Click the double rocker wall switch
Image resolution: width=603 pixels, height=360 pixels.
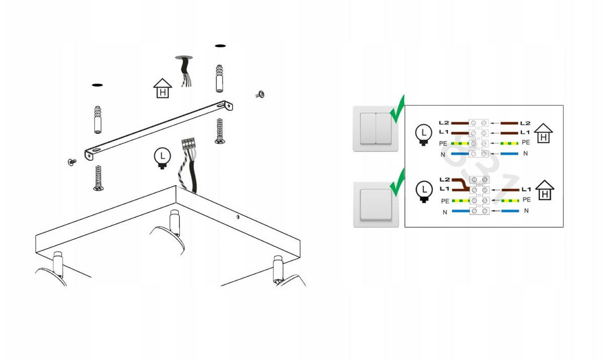[x=375, y=128]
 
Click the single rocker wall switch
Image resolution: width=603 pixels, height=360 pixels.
[x=376, y=204]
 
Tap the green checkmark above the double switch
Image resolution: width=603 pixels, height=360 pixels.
[x=397, y=109]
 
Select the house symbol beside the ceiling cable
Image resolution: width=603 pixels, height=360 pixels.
[x=163, y=88]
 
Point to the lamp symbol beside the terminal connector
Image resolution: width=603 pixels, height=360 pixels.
[x=162, y=158]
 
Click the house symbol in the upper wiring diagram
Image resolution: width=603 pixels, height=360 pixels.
[x=543, y=133]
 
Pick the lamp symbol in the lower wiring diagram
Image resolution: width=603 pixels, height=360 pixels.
[x=424, y=192]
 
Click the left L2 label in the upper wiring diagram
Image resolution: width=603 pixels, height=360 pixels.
[x=444, y=123]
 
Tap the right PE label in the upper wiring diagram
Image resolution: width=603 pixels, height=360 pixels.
[x=526, y=142]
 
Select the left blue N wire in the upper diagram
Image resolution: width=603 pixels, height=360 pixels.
[x=460, y=154]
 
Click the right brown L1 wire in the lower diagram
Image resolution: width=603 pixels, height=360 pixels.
[x=511, y=190]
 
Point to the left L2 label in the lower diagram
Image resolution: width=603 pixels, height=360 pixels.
[x=445, y=179]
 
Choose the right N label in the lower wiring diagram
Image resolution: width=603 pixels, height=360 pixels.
[x=526, y=211]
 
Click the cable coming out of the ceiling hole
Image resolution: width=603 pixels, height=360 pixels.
[x=186, y=71]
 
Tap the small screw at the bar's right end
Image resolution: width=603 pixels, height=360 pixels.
[x=260, y=95]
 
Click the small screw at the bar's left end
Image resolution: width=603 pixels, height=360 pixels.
[x=72, y=162]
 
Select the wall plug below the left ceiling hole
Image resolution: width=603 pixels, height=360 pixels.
[x=97, y=120]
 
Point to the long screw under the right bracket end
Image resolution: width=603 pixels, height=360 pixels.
[x=220, y=131]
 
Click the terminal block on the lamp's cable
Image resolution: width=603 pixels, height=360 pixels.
[x=188, y=143]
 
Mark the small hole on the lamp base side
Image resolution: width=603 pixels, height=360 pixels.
[x=238, y=216]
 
